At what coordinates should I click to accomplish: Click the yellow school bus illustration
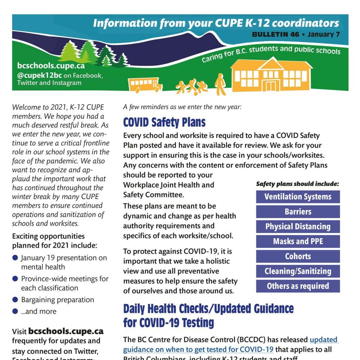pyautogui.click(x=144, y=85)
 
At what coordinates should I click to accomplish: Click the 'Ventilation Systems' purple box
pyautogui.click(x=298, y=197)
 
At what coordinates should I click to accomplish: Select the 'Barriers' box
pyautogui.click(x=298, y=212)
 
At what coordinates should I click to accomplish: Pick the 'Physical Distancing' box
pyautogui.click(x=298, y=227)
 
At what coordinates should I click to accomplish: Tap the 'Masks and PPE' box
pyautogui.click(x=298, y=242)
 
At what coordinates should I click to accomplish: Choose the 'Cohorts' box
pyautogui.click(x=298, y=256)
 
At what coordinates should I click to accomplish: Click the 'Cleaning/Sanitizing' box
pyautogui.click(x=298, y=271)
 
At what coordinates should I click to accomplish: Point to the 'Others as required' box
pyautogui.click(x=298, y=286)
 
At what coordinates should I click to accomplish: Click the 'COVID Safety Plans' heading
pyautogui.click(x=164, y=122)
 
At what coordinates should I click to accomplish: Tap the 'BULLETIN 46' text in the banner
pyautogui.click(x=276, y=34)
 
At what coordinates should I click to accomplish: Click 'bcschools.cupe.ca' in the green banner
pyautogui.click(x=51, y=65)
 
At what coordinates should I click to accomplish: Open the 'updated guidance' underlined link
pyautogui.click(x=324, y=340)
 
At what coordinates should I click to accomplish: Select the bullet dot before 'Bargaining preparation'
pyautogui.click(x=15, y=300)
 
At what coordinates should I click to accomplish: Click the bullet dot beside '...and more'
pyautogui.click(x=15, y=311)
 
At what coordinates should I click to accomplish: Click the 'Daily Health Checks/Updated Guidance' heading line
pyautogui.click(x=208, y=309)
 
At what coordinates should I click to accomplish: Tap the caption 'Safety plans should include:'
pyautogui.click(x=297, y=184)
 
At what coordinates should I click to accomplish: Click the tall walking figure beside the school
pyautogui.click(x=220, y=84)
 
